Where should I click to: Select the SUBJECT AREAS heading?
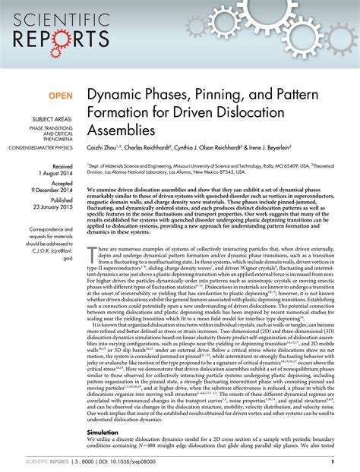coord(50,119)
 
